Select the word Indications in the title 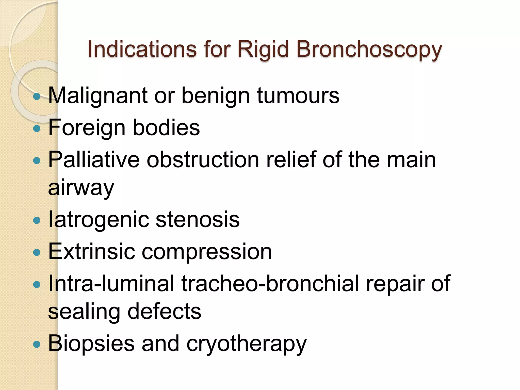coord(142,49)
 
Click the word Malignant coord(98,96)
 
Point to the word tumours coord(298,96)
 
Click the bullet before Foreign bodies coord(37,128)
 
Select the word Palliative coord(94,160)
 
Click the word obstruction coord(203,160)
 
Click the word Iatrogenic coord(98,220)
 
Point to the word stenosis coord(197,220)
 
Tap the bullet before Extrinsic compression coord(37,252)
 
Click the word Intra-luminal coord(111,283)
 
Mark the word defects coord(164,312)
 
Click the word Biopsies coord(91,344)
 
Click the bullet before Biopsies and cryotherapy coord(37,344)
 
